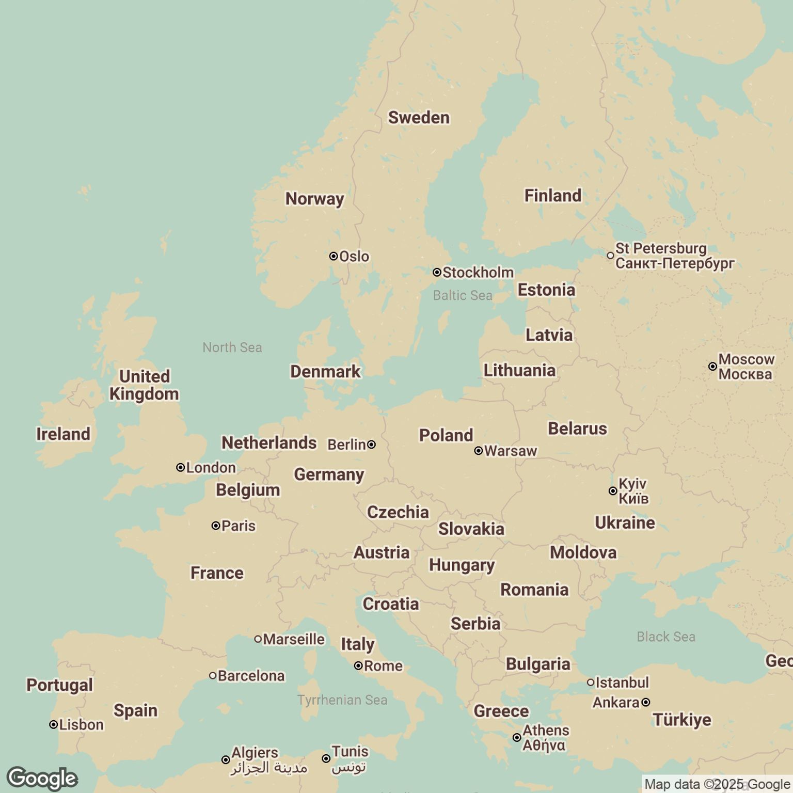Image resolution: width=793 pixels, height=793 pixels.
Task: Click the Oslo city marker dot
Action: (334, 256)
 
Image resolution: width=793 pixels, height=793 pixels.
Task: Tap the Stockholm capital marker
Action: (437, 272)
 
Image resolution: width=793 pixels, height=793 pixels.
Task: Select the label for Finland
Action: (552, 196)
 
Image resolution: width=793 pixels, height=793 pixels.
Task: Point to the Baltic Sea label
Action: (463, 295)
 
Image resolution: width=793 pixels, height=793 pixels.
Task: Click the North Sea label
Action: (232, 347)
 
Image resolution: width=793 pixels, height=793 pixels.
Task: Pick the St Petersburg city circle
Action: (610, 256)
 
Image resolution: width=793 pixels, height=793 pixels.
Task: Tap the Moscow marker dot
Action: (712, 367)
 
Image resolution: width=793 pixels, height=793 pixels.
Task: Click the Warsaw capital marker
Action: (479, 451)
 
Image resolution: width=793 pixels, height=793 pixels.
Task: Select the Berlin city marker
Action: (371, 444)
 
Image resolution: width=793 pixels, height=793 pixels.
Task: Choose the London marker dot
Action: (180, 468)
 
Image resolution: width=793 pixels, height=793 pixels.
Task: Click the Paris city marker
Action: (216, 526)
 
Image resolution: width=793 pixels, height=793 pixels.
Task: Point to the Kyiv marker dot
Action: (613, 491)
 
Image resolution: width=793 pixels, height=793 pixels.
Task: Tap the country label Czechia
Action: (398, 512)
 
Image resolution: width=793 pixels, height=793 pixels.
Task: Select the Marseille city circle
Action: (258, 639)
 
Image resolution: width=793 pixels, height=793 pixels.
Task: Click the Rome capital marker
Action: (358, 666)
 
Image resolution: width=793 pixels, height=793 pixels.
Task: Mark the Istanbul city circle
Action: (591, 683)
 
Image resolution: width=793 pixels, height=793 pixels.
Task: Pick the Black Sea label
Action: (665, 637)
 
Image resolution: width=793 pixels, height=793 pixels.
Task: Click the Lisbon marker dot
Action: (53, 725)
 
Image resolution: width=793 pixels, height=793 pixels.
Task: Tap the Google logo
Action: (42, 779)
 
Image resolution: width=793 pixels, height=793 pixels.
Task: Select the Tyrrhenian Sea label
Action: (342, 700)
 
